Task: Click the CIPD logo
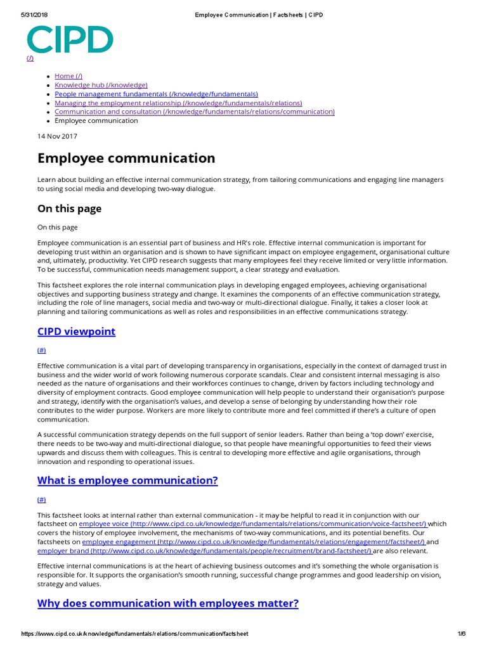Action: tap(70, 39)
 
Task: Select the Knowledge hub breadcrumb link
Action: tap(101, 85)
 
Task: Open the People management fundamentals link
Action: tap(156, 94)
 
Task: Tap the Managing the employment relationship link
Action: tap(178, 103)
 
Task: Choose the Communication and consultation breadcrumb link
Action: tap(194, 112)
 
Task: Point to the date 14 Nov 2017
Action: tap(57, 136)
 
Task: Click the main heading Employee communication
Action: tap(126, 158)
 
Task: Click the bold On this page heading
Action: tap(69, 209)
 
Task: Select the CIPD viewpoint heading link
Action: tap(76, 331)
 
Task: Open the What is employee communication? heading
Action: tap(127, 480)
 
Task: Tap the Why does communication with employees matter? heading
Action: tap(167, 603)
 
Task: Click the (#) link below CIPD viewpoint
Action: tap(42, 350)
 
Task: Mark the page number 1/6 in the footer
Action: tap(461, 634)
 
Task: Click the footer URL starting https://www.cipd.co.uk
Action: tap(134, 634)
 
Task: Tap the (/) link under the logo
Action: tap(30, 58)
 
